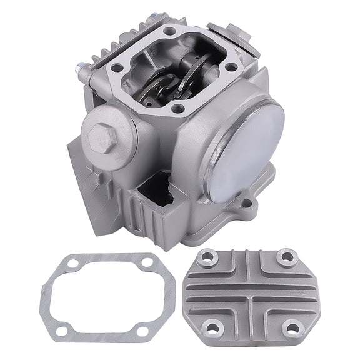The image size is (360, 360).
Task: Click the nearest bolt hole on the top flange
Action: tap(180, 108)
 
